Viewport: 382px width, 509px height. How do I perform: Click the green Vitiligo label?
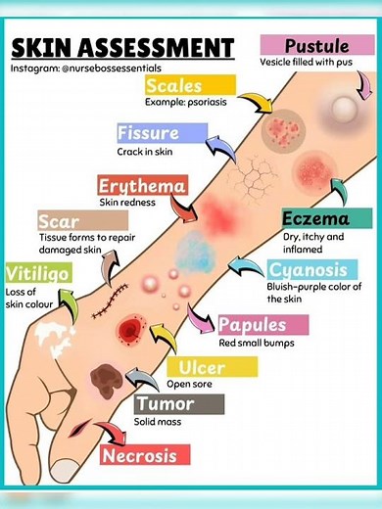38,273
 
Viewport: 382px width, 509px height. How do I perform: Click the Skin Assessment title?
122,48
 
